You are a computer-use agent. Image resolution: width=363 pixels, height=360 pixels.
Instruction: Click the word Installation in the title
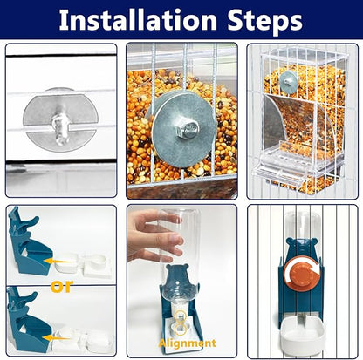138,20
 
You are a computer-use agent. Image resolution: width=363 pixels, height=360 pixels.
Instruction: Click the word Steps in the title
265,21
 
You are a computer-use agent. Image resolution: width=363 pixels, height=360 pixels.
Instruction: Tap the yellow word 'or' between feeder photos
62,286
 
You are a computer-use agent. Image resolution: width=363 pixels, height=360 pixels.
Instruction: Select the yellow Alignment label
187,343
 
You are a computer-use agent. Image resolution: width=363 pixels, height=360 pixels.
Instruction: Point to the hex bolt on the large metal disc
188,129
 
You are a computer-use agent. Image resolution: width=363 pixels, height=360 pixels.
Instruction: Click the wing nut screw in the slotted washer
60,128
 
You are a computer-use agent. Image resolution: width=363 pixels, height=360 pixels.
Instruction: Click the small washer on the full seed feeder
289,82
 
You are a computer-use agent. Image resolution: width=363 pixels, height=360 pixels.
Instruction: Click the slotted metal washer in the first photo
60,119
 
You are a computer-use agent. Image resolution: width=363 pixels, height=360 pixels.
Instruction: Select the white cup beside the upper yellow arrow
66,262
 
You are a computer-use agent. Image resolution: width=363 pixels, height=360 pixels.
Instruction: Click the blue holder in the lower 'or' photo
29,323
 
